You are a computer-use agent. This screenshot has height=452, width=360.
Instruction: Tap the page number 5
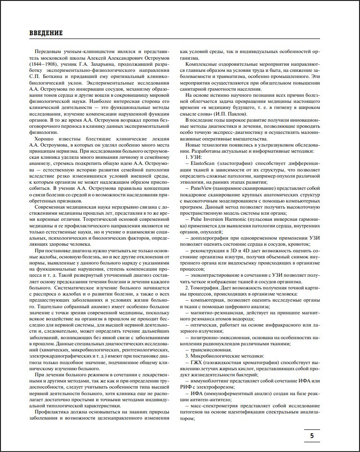312,436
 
